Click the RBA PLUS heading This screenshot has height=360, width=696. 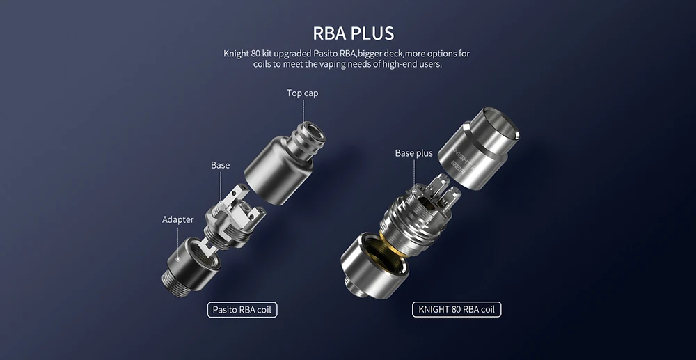pyautogui.click(x=354, y=33)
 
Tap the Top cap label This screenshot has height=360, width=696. pyautogui.click(x=302, y=93)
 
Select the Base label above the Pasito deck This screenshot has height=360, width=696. pyautogui.click(x=220, y=165)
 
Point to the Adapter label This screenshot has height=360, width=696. pyautogui.click(x=178, y=220)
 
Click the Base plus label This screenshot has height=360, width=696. pyautogui.click(x=413, y=154)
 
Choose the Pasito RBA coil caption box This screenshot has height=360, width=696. pyautogui.click(x=242, y=309)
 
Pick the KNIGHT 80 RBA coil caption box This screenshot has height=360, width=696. pyautogui.click(x=457, y=309)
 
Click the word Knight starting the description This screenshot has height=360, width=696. pyautogui.click(x=236, y=54)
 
